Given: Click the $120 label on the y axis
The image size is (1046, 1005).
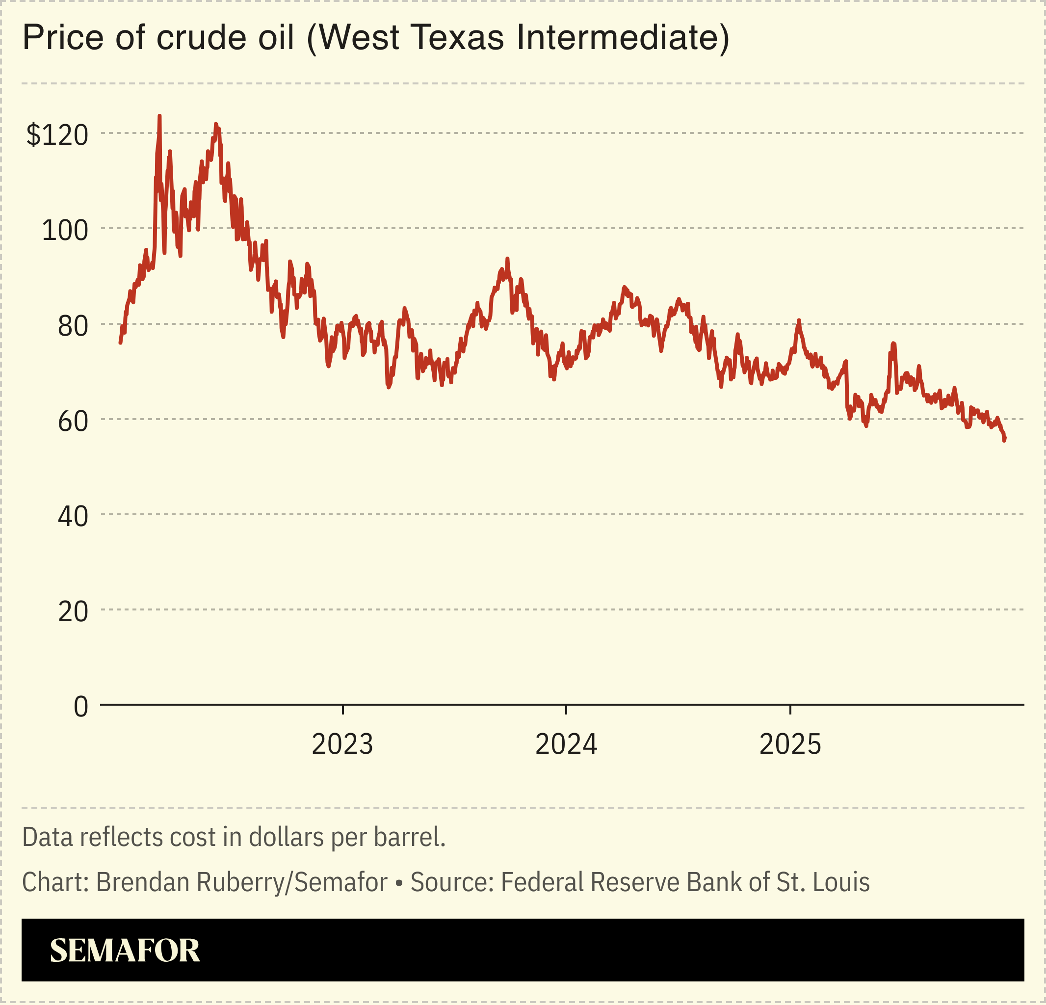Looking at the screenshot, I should coord(57,134).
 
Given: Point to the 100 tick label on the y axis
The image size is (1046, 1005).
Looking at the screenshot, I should coord(65,231).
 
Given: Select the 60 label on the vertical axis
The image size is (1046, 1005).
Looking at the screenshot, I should coord(73,422).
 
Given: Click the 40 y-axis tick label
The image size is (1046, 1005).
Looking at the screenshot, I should coord(73,517).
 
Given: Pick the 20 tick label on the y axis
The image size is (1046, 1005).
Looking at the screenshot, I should coord(73,611).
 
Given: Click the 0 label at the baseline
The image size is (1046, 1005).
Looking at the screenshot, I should coord(80,707).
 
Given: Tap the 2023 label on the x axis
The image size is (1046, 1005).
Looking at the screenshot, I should coord(342,744).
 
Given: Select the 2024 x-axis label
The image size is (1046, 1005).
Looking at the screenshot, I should coord(566,744).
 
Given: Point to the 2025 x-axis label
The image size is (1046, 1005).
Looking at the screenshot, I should coord(790,744).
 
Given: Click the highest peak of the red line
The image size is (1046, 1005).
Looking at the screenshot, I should coord(159,116).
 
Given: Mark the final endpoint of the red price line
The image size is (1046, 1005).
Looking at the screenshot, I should coord(1004,440).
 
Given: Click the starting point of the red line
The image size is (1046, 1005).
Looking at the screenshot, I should coord(120,343).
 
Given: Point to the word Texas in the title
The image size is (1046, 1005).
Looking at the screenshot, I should coord(457,38).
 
